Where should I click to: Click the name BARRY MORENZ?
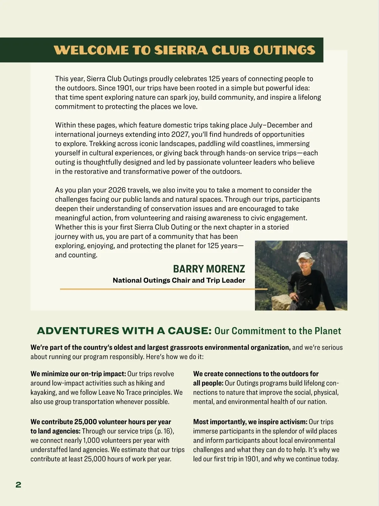(209, 269)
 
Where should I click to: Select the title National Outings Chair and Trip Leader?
(179, 280)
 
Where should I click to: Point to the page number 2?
(18, 484)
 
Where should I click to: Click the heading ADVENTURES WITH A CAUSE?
(124, 331)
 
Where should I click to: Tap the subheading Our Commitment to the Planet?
(278, 331)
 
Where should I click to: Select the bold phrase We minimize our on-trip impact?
(78, 374)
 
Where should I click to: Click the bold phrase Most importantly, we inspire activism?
(250, 422)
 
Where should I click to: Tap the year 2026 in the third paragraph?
(117, 190)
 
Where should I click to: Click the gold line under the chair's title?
(164, 289)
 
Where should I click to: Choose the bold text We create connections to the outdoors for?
(256, 374)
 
